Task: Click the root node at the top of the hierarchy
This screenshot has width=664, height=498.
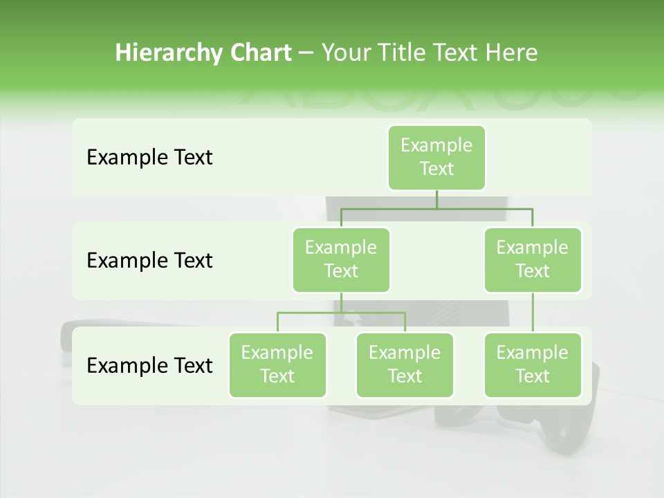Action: [436, 157]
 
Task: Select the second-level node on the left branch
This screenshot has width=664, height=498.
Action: [341, 259]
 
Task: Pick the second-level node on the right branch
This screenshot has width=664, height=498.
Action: [533, 259]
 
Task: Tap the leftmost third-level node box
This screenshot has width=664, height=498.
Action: [277, 365]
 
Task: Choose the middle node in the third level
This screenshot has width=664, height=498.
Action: [405, 365]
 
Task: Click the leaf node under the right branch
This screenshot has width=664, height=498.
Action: [533, 365]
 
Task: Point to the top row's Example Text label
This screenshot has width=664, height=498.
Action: [149, 158]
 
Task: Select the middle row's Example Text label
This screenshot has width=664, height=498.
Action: [149, 261]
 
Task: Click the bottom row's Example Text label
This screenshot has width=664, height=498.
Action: [149, 365]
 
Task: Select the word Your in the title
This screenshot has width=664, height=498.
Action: [346, 53]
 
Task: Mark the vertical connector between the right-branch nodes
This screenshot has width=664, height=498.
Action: [533, 313]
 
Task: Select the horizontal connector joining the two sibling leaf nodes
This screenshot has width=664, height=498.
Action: [341, 313]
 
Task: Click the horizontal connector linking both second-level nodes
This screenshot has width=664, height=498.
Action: [436, 208]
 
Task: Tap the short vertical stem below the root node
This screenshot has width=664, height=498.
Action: [436, 199]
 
